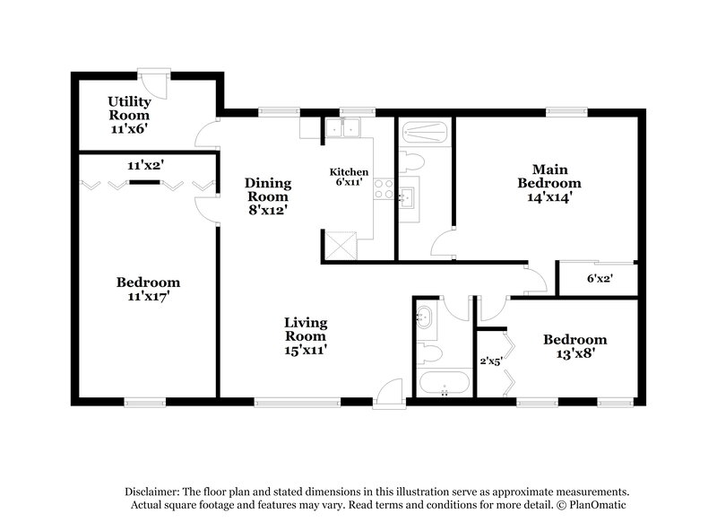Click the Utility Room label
[129, 115]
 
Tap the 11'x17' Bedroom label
[148, 289]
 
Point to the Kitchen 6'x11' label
[349, 176]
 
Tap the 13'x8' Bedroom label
[575, 346]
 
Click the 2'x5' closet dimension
[492, 361]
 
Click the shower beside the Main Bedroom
[425, 135]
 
